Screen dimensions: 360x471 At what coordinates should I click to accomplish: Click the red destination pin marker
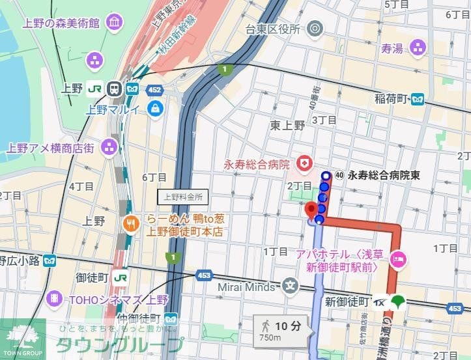(311, 210)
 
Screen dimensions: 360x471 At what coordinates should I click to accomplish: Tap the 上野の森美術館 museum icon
(115, 23)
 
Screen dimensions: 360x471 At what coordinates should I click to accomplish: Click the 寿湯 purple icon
(418, 48)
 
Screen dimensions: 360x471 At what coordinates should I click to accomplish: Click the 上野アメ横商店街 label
(50, 147)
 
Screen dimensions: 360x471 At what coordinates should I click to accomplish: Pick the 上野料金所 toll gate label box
(183, 196)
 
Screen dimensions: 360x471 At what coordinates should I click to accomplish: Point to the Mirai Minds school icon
(290, 284)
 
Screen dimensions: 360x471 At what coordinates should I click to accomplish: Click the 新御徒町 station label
(347, 302)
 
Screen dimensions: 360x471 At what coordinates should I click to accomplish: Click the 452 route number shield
(154, 89)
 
